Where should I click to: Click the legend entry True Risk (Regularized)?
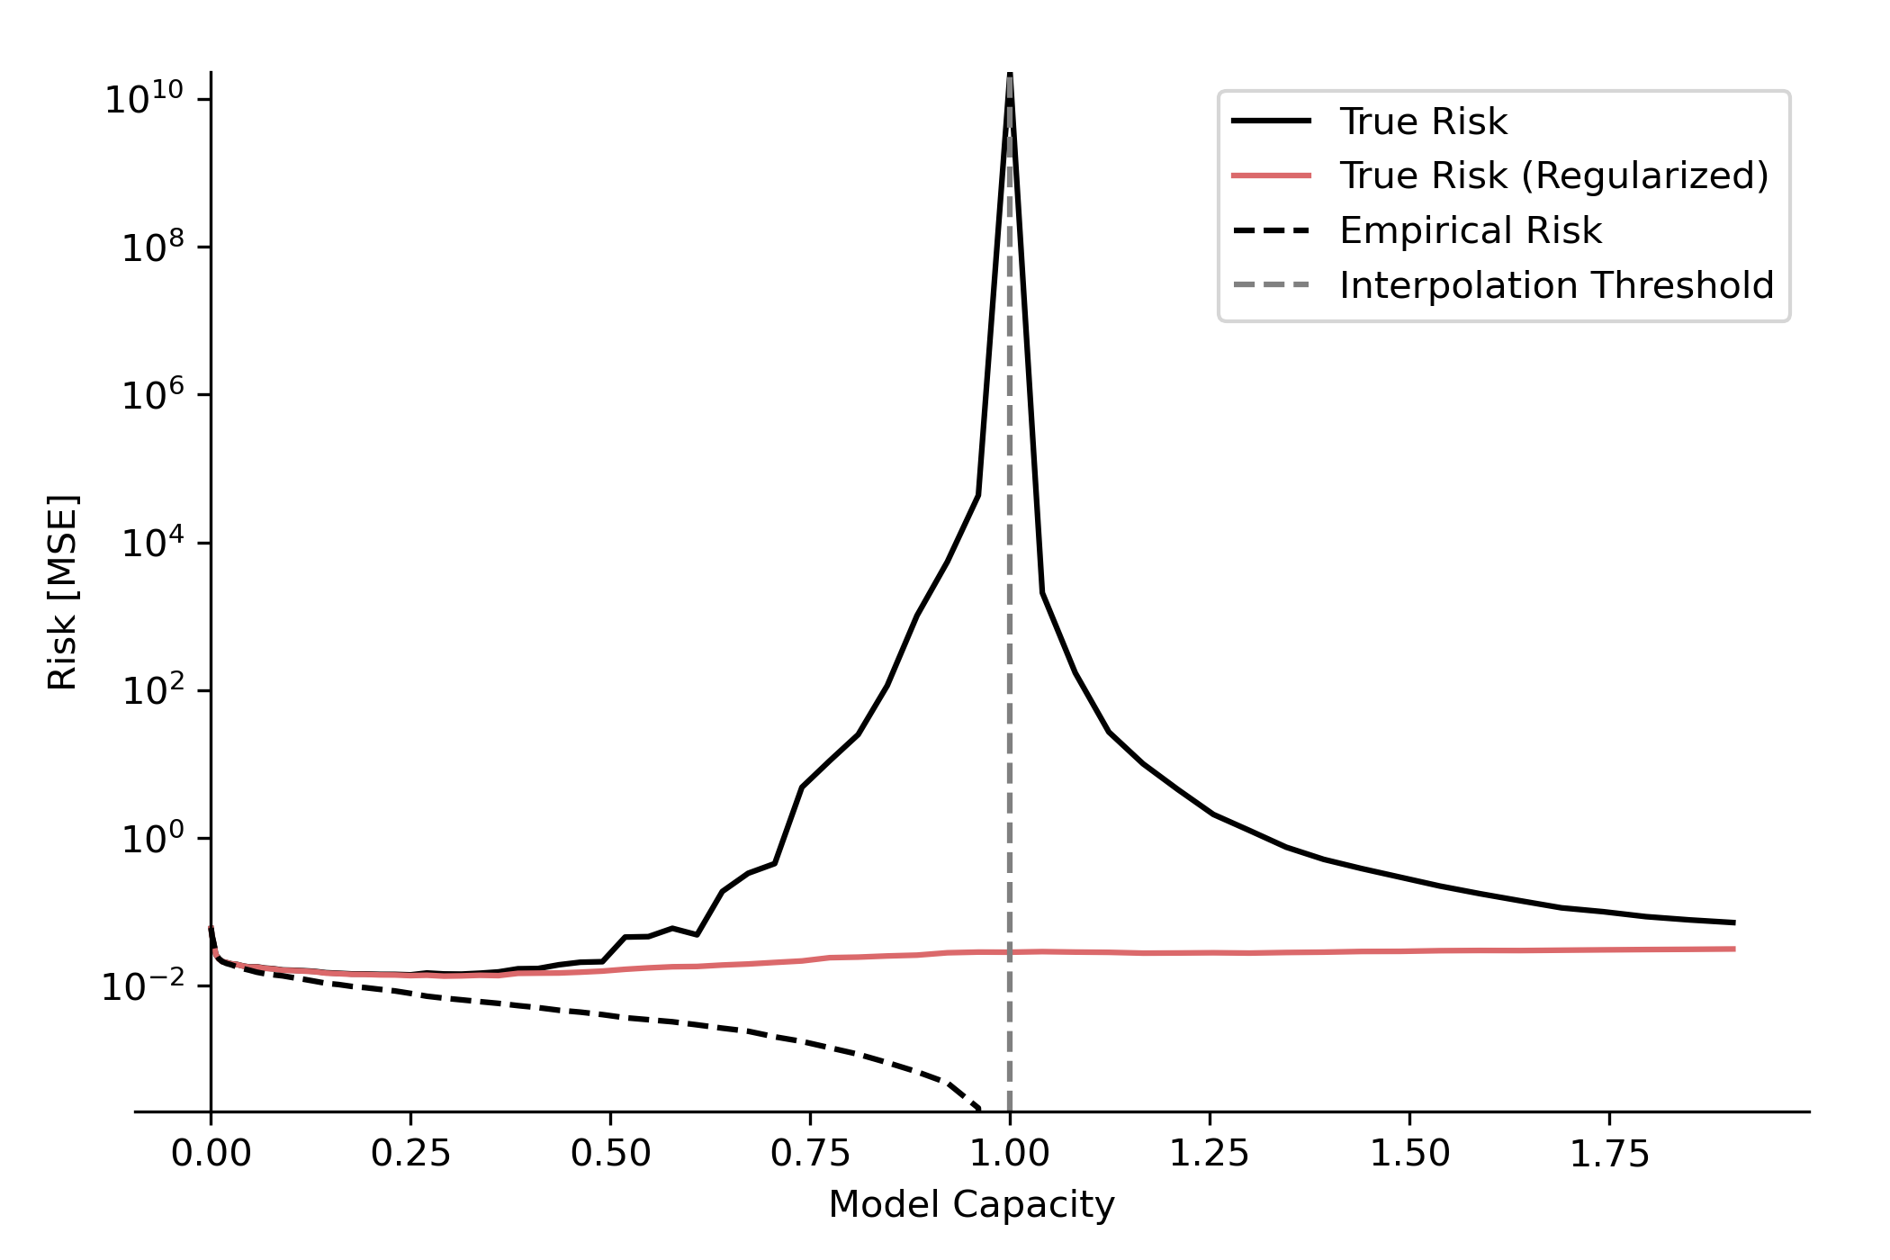[x=1553, y=175]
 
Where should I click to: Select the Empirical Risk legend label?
[x=1471, y=230]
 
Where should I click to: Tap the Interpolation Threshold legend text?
[x=1556, y=285]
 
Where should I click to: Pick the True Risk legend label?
[x=1423, y=121]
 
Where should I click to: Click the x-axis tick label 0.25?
[x=410, y=1154]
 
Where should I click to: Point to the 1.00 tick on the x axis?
[x=1009, y=1154]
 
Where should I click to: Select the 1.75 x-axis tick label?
[x=1609, y=1154]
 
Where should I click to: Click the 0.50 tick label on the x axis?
[x=610, y=1154]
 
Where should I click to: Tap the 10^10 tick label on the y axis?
[x=144, y=98]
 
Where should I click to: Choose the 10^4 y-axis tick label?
[x=152, y=543]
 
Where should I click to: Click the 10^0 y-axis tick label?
[x=152, y=839]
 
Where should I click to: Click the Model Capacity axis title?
[x=971, y=1204]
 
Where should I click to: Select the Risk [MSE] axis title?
[x=63, y=592]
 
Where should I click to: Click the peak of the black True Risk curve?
[x=1010, y=76]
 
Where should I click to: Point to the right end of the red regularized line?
[x=1733, y=949]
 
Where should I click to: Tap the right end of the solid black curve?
[x=1733, y=922]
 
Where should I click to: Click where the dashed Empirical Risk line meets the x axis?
[x=980, y=1110]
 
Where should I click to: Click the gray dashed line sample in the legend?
[x=1271, y=285]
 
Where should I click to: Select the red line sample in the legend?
[x=1271, y=175]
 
